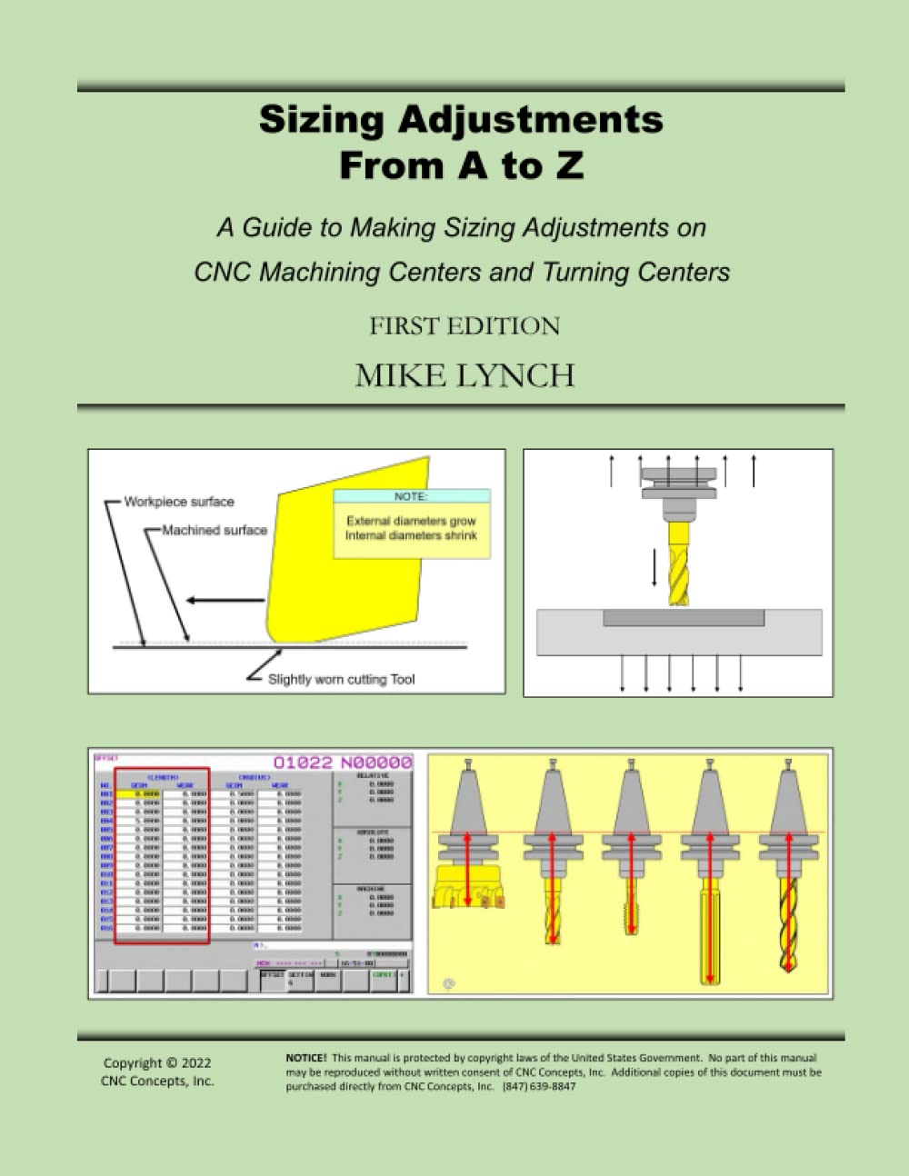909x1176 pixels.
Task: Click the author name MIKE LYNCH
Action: coord(464,375)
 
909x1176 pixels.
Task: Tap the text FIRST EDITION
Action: coord(464,326)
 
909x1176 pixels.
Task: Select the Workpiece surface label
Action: coord(179,502)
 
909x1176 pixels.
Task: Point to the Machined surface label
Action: coord(215,530)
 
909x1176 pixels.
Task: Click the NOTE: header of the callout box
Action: coord(411,497)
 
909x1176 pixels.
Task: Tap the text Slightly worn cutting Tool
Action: coord(341,679)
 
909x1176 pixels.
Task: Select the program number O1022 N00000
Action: coord(343,762)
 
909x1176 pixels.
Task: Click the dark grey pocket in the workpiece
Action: coord(684,618)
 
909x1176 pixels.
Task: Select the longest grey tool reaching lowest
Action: coord(710,941)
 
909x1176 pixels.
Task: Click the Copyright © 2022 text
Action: coord(157,1062)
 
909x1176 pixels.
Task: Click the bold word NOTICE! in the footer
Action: coord(305,1058)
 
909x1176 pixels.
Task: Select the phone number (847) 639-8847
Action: coord(539,1086)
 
